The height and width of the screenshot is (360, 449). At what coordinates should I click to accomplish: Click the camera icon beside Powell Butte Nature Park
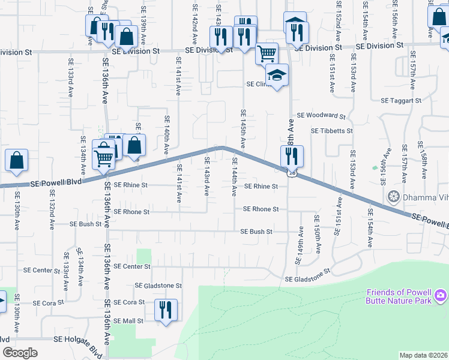click(441, 295)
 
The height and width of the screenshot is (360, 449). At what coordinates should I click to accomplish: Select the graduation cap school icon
click(277, 76)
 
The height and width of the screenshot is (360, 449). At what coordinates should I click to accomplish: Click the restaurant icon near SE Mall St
click(165, 310)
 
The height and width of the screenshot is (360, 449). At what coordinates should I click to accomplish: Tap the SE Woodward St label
click(321, 116)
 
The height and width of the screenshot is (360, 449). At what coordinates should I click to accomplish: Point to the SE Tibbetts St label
click(331, 131)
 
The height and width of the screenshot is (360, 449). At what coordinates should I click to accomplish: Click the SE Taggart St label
click(401, 101)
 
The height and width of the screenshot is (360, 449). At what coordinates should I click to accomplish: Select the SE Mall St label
click(128, 321)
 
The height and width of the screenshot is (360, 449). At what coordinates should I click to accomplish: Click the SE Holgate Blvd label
click(78, 339)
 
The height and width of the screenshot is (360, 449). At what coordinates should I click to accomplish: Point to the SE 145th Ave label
click(243, 128)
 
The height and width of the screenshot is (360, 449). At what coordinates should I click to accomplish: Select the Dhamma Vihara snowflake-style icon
click(394, 197)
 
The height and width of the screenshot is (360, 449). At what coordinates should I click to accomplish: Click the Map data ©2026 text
click(424, 355)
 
